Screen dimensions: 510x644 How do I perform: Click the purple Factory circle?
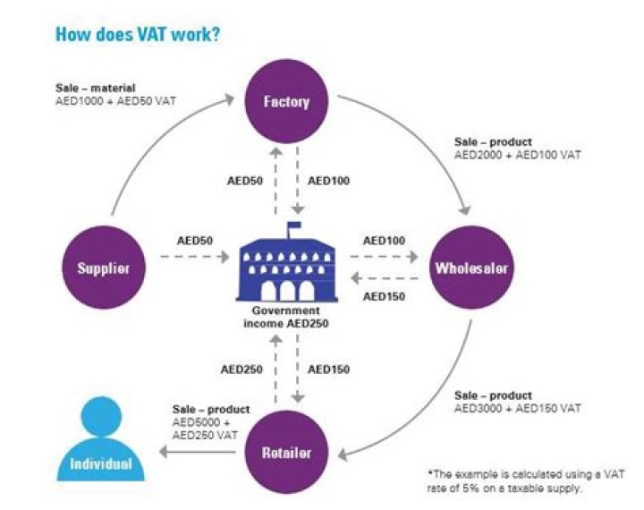pyautogui.click(x=286, y=101)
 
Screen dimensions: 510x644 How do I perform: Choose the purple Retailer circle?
pyautogui.click(x=286, y=453)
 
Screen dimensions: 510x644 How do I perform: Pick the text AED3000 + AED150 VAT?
pyautogui.click(x=518, y=408)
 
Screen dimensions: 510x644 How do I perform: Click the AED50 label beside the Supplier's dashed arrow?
pyautogui.click(x=194, y=242)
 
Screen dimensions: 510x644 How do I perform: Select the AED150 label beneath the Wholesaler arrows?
pyautogui.click(x=383, y=296)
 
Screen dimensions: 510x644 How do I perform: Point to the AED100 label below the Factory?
pyautogui.click(x=328, y=181)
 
